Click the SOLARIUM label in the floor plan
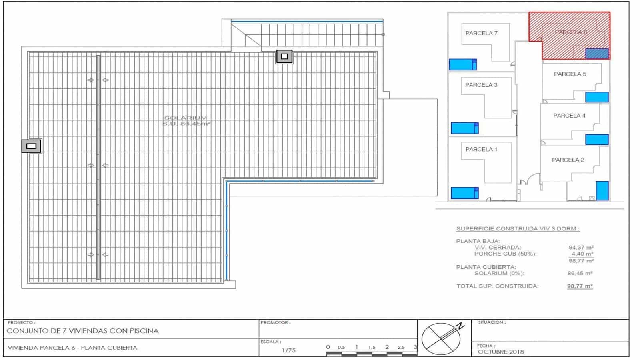(x=186, y=118)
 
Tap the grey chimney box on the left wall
(x=31, y=146)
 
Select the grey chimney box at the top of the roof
(x=284, y=56)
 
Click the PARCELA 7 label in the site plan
(x=481, y=33)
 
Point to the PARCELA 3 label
(x=481, y=85)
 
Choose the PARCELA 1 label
(x=481, y=149)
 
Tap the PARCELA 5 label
(x=570, y=74)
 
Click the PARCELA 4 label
(x=569, y=116)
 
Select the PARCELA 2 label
(x=568, y=160)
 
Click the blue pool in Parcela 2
(x=602, y=191)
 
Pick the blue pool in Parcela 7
(x=462, y=64)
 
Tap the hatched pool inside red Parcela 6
(x=597, y=54)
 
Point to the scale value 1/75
(x=288, y=350)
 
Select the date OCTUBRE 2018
(x=501, y=352)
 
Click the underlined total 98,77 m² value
(x=580, y=286)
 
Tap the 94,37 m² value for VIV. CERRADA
(x=581, y=248)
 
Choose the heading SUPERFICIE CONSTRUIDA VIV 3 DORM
(x=518, y=229)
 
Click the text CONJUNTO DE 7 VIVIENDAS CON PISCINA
(x=83, y=331)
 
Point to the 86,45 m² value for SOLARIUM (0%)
(x=580, y=274)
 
